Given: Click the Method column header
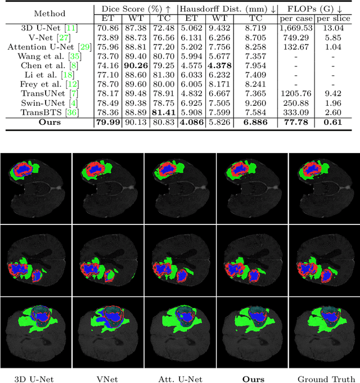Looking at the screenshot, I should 49,13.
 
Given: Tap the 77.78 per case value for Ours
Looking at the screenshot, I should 295,121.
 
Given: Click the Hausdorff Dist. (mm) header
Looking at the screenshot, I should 227,9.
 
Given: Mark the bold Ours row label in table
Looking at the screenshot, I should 49,121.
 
